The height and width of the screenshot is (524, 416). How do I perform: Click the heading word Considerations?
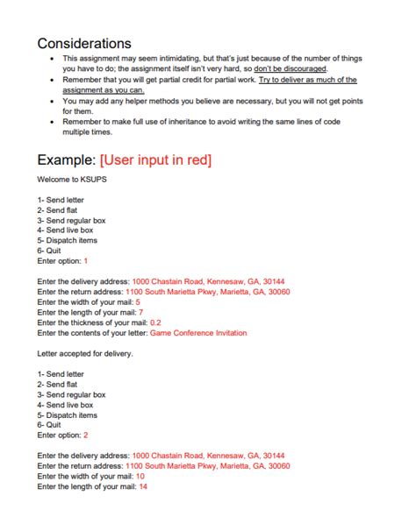pos(84,42)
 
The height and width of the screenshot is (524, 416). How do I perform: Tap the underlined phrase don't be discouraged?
pos(291,67)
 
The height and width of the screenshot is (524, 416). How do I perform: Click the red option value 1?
pos(85,261)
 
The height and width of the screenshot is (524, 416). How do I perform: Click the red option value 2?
pos(85,435)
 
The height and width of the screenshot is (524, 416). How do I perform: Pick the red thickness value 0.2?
pos(155,322)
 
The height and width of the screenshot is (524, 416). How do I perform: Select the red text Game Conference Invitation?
pos(198,333)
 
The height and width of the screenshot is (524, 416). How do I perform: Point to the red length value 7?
pos(140,312)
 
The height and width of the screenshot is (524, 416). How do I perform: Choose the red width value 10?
pos(140,476)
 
